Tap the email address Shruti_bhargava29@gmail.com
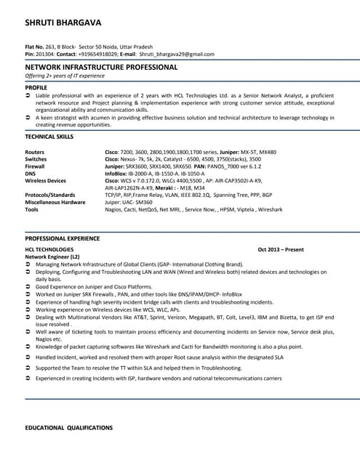click(177, 54)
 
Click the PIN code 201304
click(44, 54)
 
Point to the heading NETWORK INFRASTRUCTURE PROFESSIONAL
click(101, 67)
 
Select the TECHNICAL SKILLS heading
click(49, 136)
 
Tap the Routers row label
click(36, 152)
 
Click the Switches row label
click(36, 159)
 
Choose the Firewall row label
click(36, 166)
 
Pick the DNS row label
click(31, 174)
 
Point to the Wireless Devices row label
click(46, 180)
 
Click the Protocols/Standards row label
click(50, 195)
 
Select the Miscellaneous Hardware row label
click(55, 202)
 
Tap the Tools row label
click(32, 209)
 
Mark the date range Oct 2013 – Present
click(281, 250)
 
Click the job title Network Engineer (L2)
click(53, 256)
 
